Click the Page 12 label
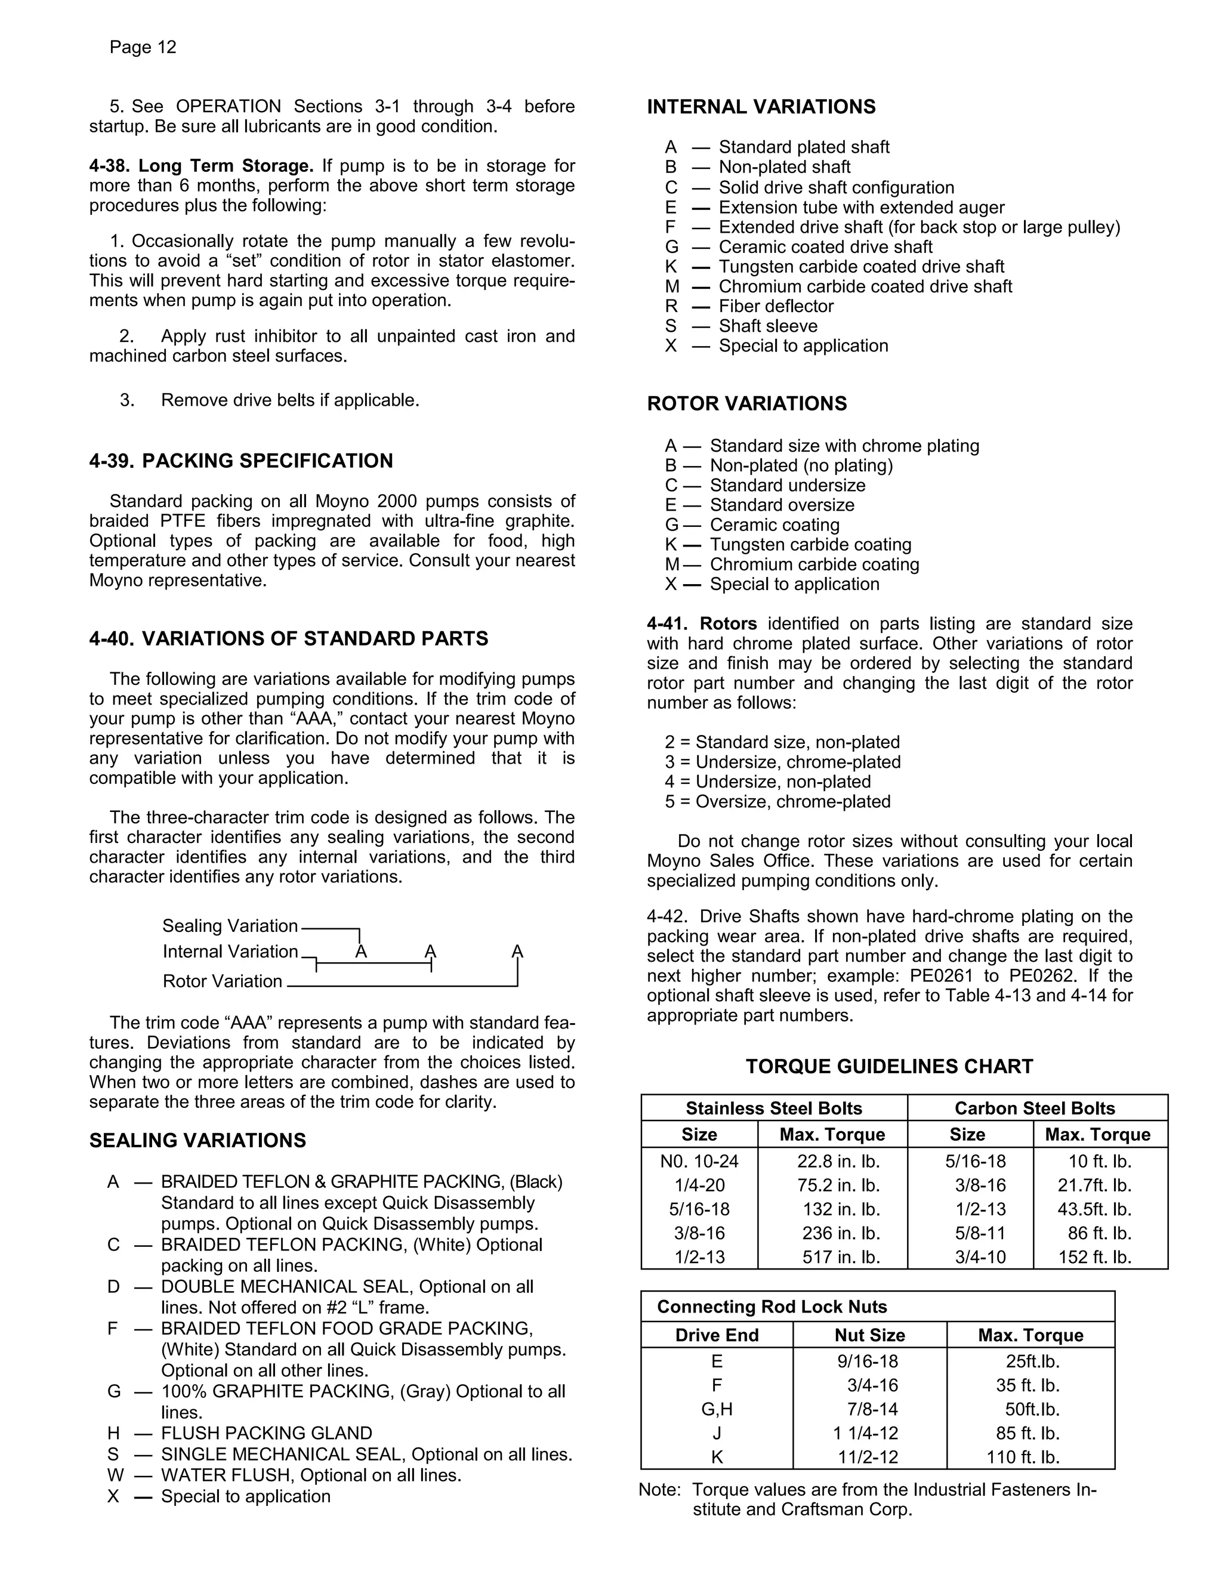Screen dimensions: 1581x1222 pyautogui.click(x=143, y=48)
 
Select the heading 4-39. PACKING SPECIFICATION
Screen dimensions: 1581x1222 pyautogui.click(x=241, y=461)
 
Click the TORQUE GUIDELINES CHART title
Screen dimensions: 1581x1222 pyautogui.click(x=889, y=1066)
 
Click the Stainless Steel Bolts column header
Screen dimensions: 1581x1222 pyautogui.click(x=773, y=1108)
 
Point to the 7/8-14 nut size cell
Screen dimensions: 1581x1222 pyautogui.click(x=872, y=1409)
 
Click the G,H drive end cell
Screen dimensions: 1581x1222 pyautogui.click(x=717, y=1409)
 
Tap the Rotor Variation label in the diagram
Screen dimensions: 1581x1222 pyautogui.click(x=222, y=981)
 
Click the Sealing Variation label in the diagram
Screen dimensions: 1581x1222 pyautogui.click(x=230, y=926)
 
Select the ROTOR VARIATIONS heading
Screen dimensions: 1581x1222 pyautogui.click(x=746, y=404)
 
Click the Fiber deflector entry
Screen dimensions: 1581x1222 pyautogui.click(x=775, y=306)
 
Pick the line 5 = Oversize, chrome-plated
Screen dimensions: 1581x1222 pyautogui.click(x=777, y=802)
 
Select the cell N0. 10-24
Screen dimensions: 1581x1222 pyautogui.click(x=699, y=1162)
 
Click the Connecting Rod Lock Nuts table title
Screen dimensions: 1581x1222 pyautogui.click(x=772, y=1307)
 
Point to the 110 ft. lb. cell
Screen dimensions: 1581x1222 pyautogui.click(x=1022, y=1458)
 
